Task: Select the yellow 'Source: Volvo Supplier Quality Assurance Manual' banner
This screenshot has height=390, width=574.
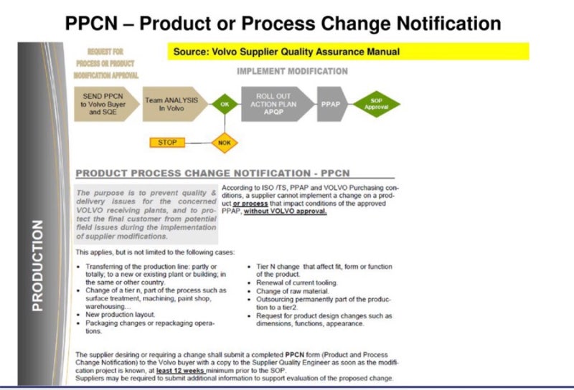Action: pyautogui.click(x=350, y=52)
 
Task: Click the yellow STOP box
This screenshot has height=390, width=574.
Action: pyautogui.click(x=167, y=142)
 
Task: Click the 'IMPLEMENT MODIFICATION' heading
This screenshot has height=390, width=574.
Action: pyautogui.click(x=292, y=71)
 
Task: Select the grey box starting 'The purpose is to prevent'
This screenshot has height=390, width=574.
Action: pyautogui.click(x=146, y=214)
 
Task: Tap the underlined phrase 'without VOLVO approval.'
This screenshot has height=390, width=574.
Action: pyautogui.click(x=286, y=212)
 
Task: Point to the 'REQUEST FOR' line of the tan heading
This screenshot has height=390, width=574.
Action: pyautogui.click(x=105, y=52)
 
